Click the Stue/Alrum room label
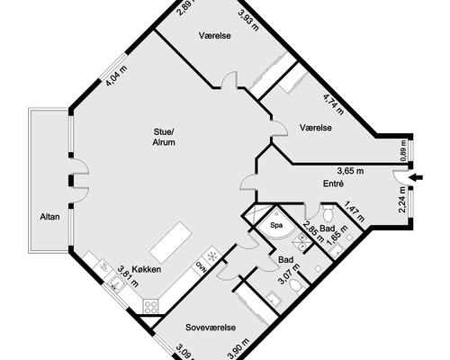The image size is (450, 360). [x=164, y=137]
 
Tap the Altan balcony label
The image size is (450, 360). [x=49, y=217]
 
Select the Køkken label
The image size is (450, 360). [x=147, y=269]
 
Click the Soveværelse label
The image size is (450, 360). [x=211, y=328]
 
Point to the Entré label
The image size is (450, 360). [x=333, y=184]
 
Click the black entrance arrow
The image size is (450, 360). [x=417, y=177]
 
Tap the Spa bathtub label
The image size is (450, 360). [x=276, y=225]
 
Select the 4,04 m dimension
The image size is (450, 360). [x=117, y=76]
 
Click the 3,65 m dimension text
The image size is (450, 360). [x=350, y=171]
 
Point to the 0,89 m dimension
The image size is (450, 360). [x=402, y=150]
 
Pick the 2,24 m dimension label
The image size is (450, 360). [x=402, y=199]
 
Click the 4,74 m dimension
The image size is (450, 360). [x=333, y=104]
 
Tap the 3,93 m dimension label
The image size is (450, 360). [x=248, y=21]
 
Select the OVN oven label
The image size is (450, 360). [x=201, y=266]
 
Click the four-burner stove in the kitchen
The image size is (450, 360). [x=150, y=307]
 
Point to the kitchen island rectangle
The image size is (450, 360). [x=171, y=243]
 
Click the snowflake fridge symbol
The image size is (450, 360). [x=212, y=256]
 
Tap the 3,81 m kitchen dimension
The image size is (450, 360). [x=128, y=276]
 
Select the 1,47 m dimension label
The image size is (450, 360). [x=355, y=211]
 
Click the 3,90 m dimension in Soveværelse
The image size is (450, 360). [x=238, y=348]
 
